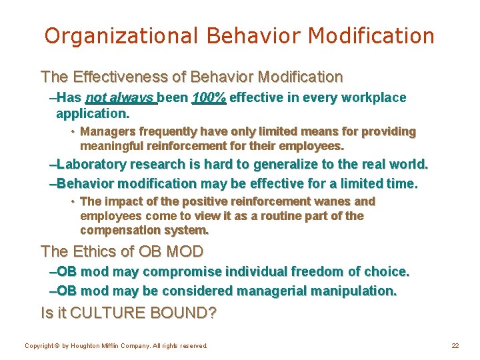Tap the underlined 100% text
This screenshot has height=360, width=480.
point(209,98)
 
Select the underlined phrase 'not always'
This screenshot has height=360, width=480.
point(121,98)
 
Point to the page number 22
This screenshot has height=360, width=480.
point(455,345)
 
